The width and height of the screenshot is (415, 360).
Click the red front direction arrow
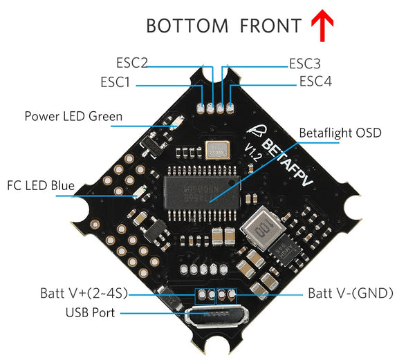tap(322, 26)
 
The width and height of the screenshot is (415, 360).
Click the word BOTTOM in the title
tap(187, 26)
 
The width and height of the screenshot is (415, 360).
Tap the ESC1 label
tap(115, 82)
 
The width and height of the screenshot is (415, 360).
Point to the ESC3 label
tap(304, 64)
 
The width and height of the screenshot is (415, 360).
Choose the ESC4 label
tap(315, 82)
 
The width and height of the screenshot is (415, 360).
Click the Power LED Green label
tap(73, 116)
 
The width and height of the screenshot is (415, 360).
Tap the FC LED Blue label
tap(40, 185)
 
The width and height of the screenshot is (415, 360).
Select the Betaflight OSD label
tap(340, 133)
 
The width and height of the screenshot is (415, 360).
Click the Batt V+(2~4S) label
tap(83, 294)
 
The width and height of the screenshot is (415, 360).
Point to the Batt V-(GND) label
tap(351, 294)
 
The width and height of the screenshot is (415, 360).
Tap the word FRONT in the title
tap(270, 26)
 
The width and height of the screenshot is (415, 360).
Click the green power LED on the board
tap(175, 123)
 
